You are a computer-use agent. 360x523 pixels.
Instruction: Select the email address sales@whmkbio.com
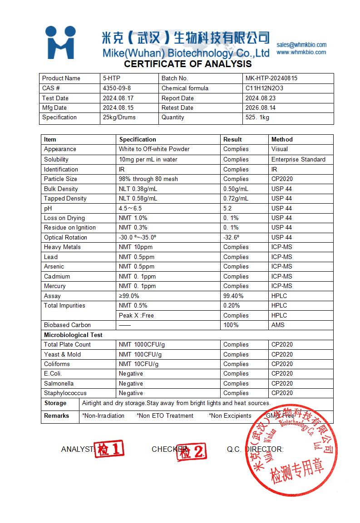coord(301,44)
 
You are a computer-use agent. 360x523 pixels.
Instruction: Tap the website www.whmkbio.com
coord(301,52)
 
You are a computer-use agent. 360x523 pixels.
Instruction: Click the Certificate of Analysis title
coord(188,64)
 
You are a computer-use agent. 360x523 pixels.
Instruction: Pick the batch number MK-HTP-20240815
coord(271,78)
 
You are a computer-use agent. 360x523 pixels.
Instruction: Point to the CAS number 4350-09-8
coord(117,88)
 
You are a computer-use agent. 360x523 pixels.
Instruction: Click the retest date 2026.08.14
coord(261,108)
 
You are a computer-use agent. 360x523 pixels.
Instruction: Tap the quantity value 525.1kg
coord(257,117)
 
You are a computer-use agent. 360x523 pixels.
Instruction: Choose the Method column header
coord(282,139)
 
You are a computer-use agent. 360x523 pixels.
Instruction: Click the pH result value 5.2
coord(227,208)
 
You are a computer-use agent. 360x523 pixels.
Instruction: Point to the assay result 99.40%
coord(233,296)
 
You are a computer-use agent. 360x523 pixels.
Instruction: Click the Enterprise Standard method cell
coord(298,159)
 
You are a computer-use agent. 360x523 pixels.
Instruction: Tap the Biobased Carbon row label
coord(67,325)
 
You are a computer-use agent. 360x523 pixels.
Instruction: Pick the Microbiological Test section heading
coord(73,335)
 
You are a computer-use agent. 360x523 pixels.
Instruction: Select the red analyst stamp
coord(108,450)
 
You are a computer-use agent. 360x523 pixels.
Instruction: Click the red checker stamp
coord(191,451)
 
